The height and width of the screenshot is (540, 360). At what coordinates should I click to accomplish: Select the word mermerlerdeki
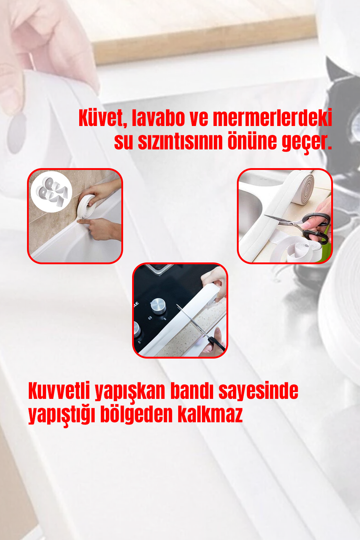(x=273, y=118)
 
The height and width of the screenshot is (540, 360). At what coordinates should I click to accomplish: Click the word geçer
(x=307, y=142)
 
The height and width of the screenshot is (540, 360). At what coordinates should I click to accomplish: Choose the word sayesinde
(x=258, y=392)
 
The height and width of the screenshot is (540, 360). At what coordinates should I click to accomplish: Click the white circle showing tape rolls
(x=51, y=192)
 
